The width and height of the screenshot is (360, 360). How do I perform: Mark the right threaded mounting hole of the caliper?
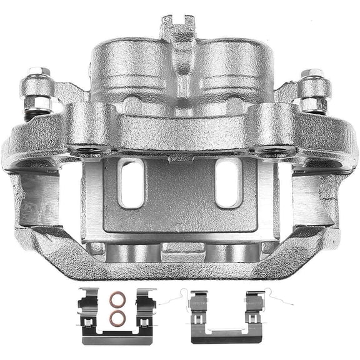coord(275,150)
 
